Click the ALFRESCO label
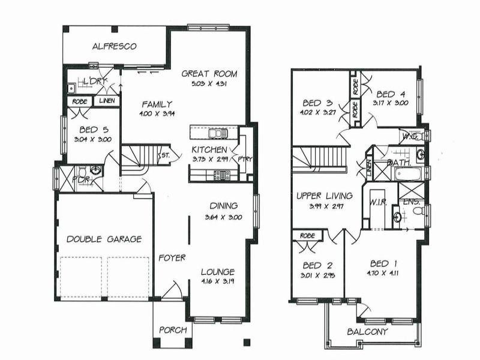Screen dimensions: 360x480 [115, 46]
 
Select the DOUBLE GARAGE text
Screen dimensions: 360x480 [104, 239]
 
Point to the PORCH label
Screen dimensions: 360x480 [172, 330]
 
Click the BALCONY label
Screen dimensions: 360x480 [368, 331]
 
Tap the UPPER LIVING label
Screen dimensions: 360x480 [324, 196]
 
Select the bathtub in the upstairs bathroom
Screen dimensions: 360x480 [409, 174]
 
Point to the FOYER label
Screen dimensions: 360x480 [172, 258]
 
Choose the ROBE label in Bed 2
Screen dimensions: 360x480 [308, 236]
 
